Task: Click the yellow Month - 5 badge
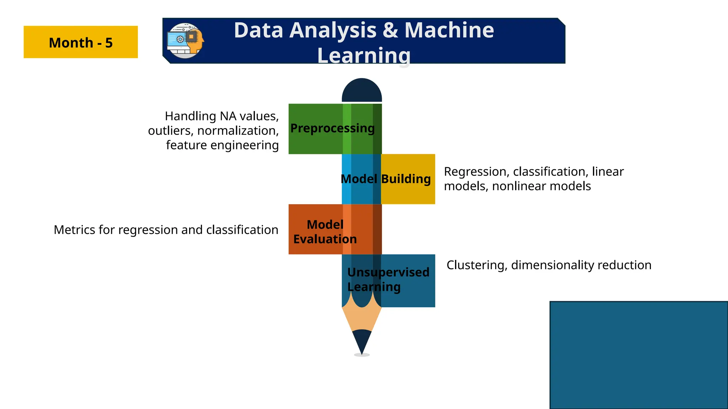(81, 42)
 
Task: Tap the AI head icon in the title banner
(186, 41)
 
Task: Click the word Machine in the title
(449, 30)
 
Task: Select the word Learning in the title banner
(364, 56)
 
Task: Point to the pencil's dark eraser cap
(362, 90)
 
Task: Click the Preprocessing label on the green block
(332, 128)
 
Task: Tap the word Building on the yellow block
(406, 179)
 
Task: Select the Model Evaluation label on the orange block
(325, 232)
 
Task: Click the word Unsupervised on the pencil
(388, 272)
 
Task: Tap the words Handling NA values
(221, 116)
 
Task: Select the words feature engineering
(222, 145)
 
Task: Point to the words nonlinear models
(541, 186)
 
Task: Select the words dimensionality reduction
(581, 265)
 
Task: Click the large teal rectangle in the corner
(639, 355)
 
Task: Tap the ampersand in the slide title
(390, 30)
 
